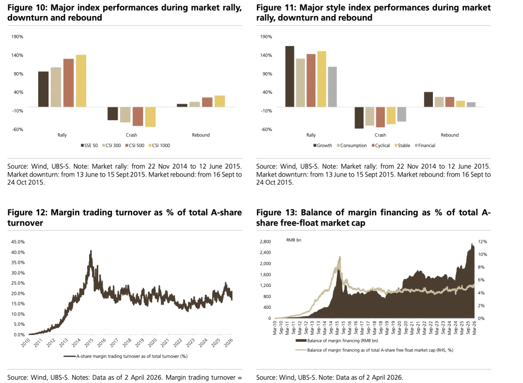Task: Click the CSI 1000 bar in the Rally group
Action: (x=81, y=80)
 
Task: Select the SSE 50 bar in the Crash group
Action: (x=113, y=113)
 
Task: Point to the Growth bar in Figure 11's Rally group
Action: (x=290, y=76)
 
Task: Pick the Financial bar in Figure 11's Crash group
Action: (x=401, y=114)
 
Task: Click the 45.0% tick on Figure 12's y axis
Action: (x=18, y=241)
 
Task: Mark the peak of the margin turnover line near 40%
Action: (x=91, y=251)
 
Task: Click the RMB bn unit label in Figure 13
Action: (x=294, y=240)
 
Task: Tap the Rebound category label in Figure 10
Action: (x=200, y=135)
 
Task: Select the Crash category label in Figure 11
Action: (x=380, y=135)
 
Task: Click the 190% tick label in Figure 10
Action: (x=17, y=37)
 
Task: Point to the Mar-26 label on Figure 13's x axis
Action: (x=474, y=329)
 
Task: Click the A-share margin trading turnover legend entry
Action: (x=132, y=356)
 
